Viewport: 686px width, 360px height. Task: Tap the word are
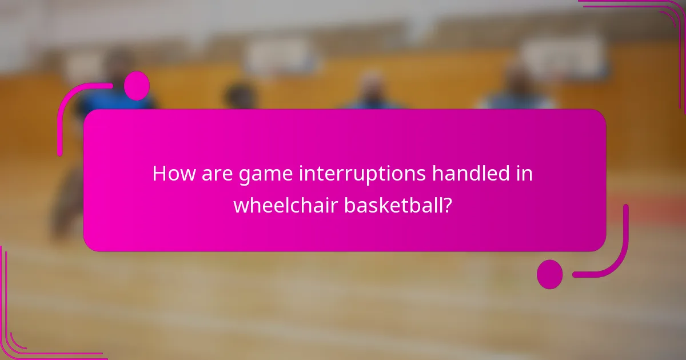[x=216, y=174]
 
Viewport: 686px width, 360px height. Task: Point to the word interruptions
[x=362, y=174]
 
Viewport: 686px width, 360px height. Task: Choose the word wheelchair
[x=285, y=205]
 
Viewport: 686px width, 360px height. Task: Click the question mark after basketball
[x=449, y=205]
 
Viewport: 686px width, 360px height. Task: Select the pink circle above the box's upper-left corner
[x=137, y=86]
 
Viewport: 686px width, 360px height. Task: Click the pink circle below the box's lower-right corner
[x=549, y=274]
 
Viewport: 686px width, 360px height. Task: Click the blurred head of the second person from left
[x=240, y=94]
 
